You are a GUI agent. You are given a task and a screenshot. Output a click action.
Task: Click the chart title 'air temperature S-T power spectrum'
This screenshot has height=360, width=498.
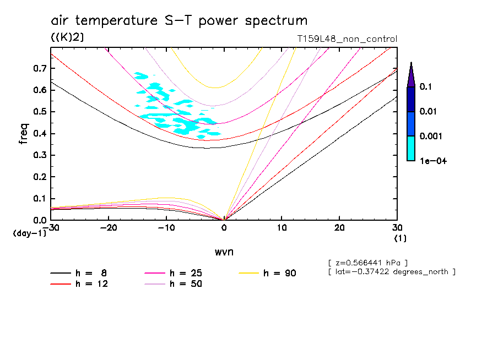179,21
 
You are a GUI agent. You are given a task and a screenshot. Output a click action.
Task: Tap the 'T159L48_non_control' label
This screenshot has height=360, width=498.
347,39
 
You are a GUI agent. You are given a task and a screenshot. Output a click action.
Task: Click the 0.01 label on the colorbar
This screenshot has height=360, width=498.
429,112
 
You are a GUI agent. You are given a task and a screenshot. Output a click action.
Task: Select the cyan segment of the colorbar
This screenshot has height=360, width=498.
411,148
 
